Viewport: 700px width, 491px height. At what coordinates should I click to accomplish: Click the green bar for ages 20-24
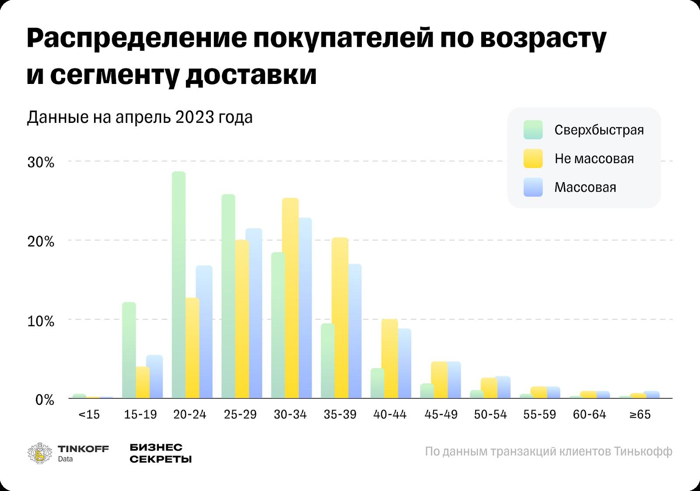point(178,284)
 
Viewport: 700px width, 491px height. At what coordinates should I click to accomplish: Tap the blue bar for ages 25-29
point(254,313)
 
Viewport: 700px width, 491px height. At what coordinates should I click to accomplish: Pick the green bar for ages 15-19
point(129,350)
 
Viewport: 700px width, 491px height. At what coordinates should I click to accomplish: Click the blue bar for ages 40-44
point(405,363)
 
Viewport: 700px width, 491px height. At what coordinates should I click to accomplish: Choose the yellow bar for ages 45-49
point(439,380)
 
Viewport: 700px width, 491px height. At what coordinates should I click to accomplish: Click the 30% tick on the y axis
point(41,163)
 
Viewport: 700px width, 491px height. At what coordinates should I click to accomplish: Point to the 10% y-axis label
point(41,321)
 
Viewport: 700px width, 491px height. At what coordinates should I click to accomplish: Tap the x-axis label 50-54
point(490,414)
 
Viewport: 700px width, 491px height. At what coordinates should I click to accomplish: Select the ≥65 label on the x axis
point(640,414)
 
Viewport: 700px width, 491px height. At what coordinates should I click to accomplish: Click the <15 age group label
point(89,414)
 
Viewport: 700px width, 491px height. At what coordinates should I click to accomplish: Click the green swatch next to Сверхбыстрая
point(533,130)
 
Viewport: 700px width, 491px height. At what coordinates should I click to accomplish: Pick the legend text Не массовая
point(594,158)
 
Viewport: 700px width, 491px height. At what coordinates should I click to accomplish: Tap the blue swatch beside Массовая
point(533,187)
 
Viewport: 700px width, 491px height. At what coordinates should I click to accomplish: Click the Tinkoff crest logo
point(39,453)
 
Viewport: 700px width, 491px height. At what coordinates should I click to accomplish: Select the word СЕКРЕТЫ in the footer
point(161,459)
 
